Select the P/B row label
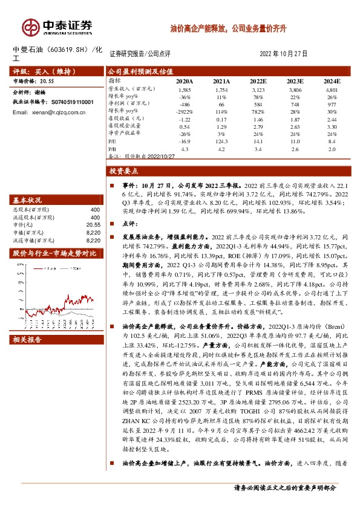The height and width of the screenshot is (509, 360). tap(112, 148)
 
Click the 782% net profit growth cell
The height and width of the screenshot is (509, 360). tap(258, 112)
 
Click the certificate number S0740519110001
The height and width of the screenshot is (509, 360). tap(68, 103)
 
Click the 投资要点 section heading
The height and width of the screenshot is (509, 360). tap(125, 171)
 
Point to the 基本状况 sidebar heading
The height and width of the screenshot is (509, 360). tap(28, 200)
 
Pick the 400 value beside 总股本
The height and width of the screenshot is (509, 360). tap(94, 210)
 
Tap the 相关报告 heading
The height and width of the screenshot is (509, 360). tap(28, 340)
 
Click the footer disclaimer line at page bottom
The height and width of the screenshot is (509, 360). tap(284, 488)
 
